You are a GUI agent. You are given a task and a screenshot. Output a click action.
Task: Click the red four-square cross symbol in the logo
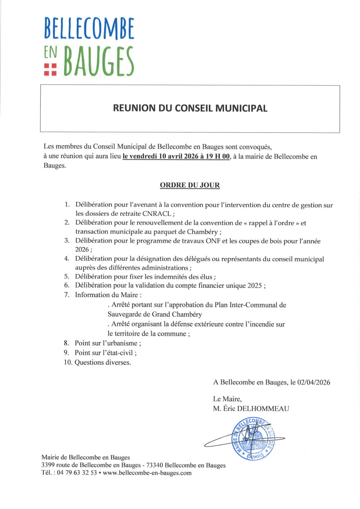click(x=50, y=69)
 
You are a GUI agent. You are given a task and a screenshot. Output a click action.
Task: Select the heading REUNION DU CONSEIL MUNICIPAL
click(x=190, y=108)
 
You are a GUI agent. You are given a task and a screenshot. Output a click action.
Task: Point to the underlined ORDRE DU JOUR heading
click(x=190, y=185)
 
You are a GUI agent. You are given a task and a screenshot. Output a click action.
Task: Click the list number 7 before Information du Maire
click(x=67, y=295)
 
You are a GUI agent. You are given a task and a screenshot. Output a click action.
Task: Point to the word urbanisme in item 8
click(x=122, y=343)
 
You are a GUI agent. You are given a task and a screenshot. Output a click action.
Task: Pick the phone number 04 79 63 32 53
click(x=78, y=473)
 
